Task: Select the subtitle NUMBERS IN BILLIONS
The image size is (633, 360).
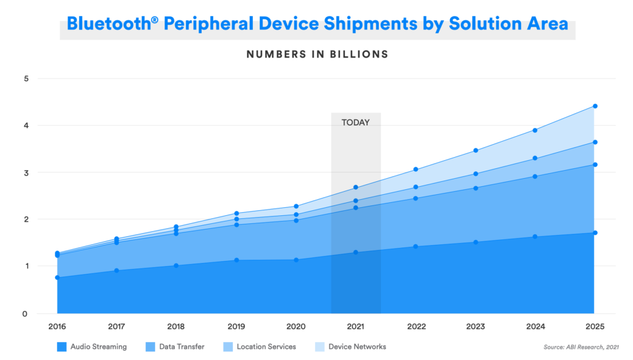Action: [x=317, y=54]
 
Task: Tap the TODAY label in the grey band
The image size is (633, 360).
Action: [x=355, y=122]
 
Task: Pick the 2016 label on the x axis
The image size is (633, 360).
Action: [x=57, y=326]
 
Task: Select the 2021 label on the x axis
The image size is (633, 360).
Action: [x=355, y=326]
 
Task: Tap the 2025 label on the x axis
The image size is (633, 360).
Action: [x=595, y=326]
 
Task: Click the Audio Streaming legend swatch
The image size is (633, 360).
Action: [x=61, y=347]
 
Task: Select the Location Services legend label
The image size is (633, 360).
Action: [x=266, y=347]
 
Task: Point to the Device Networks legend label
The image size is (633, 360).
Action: [x=357, y=347]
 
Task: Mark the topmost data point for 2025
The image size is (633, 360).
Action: [x=595, y=106]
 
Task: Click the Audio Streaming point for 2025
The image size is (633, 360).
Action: [x=595, y=233]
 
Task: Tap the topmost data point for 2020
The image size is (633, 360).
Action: [x=296, y=206]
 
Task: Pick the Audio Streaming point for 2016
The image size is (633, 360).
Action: [x=57, y=278]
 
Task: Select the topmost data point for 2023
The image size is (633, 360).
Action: [x=475, y=150]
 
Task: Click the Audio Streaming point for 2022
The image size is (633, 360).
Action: [x=415, y=246]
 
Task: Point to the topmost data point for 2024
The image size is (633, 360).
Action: [x=535, y=130]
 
